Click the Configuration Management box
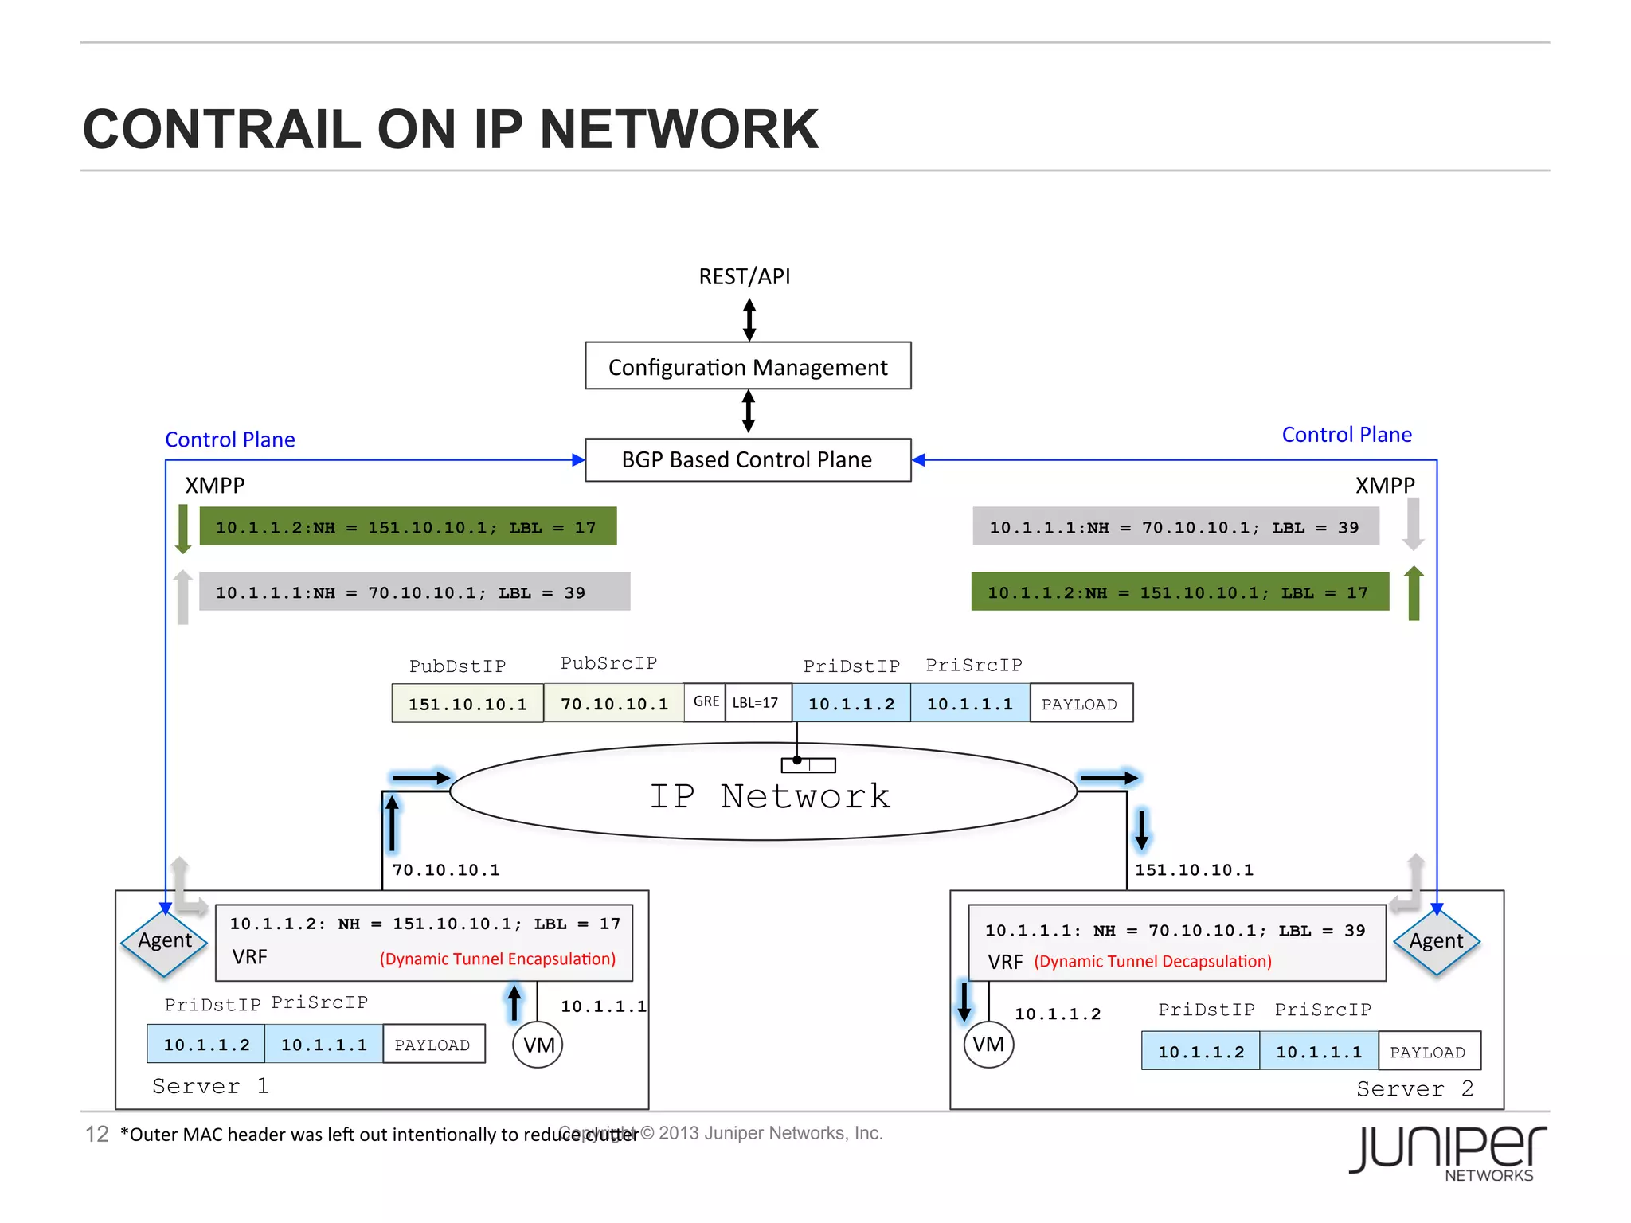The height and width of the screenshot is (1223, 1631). pos(748,366)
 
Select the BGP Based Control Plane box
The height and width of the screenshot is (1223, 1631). pos(748,459)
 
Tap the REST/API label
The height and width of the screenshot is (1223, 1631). pos(744,276)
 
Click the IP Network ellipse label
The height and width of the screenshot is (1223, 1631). pos(769,796)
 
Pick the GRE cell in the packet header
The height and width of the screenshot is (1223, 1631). pos(706,702)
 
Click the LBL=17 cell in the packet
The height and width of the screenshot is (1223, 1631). pos(756,702)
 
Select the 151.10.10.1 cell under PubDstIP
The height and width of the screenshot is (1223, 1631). pos(467,704)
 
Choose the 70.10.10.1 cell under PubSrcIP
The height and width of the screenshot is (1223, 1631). pos(614,704)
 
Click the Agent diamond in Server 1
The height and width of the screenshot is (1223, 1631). pos(165,941)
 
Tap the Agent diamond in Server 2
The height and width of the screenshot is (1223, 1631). pos(1436,941)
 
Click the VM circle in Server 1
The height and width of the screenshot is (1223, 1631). pos(538,1045)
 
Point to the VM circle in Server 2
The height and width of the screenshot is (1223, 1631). pos(988,1044)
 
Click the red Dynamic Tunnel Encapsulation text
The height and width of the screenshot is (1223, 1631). pos(498,959)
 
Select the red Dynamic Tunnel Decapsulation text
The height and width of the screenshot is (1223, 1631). pos(1152,961)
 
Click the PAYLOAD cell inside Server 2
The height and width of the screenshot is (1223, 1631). pos(1428,1052)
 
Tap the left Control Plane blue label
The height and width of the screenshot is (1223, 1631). pos(229,440)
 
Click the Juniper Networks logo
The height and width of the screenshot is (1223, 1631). pos(1447,1153)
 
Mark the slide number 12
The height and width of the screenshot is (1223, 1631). pos(96,1134)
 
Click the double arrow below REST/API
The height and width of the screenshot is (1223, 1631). pos(749,319)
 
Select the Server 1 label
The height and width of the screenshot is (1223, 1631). pos(210,1086)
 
